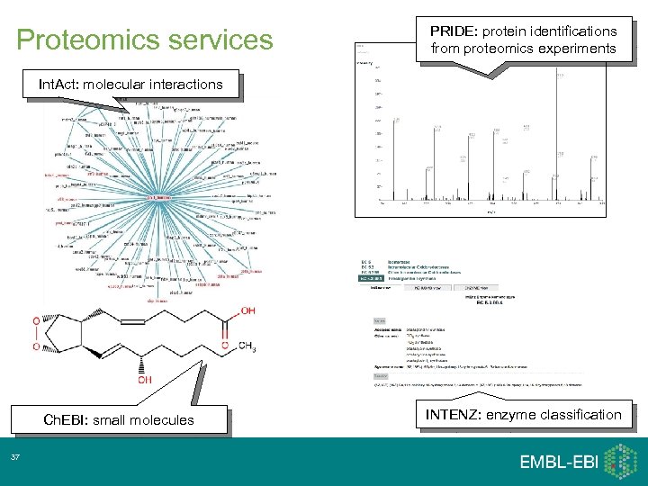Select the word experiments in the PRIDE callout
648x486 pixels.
pos(572,49)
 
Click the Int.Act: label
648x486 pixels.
pos(64,84)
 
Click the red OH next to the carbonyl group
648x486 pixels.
pos(247,310)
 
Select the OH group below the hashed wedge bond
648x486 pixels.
pos(144,380)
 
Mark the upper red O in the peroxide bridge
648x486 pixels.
pos(35,320)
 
